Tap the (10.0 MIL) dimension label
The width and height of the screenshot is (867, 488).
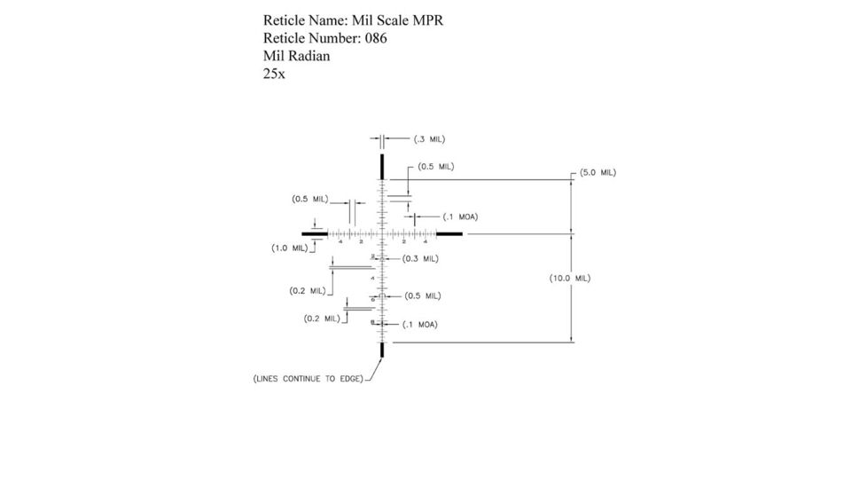pyautogui.click(x=570, y=278)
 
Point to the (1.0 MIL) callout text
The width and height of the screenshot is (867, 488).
pyautogui.click(x=289, y=248)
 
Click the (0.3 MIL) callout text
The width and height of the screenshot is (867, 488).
pyautogui.click(x=420, y=259)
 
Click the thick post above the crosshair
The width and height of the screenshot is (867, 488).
pyautogui.click(x=382, y=167)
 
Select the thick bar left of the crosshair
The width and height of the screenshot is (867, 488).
pyautogui.click(x=315, y=234)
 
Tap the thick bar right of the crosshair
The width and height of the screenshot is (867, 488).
pyautogui.click(x=449, y=234)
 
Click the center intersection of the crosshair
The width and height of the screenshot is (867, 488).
pyautogui.click(x=382, y=234)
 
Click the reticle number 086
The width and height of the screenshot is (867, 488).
pyautogui.click(x=376, y=39)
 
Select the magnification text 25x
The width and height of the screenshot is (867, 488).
pyautogui.click(x=274, y=75)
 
